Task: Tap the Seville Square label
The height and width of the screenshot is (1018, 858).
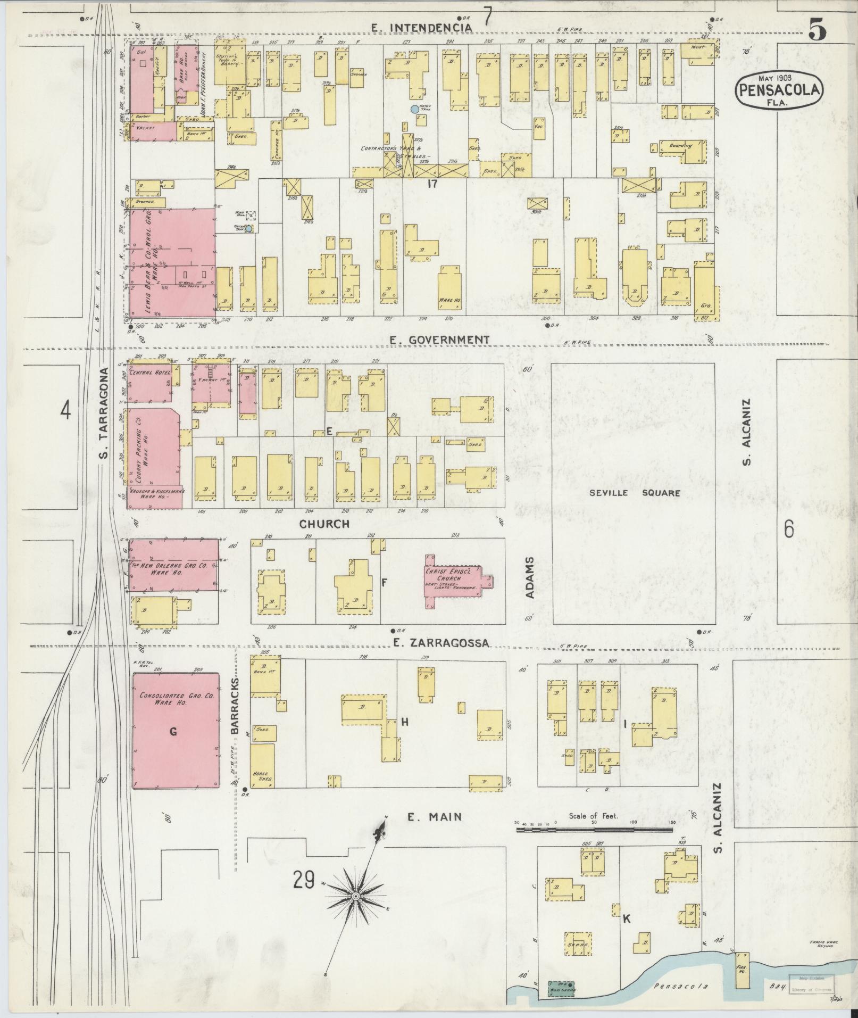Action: (x=634, y=493)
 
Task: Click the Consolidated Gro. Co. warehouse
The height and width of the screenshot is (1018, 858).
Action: (x=175, y=731)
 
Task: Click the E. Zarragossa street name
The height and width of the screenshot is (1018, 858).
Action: (x=441, y=643)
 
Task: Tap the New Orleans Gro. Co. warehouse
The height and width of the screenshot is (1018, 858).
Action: (x=173, y=565)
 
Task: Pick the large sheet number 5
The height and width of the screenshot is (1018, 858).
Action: (x=817, y=30)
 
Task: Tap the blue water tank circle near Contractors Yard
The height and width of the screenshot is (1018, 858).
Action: (x=414, y=110)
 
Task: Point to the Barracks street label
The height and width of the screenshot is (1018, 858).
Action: (x=237, y=705)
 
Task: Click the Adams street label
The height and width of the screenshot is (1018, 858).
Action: (x=530, y=578)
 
